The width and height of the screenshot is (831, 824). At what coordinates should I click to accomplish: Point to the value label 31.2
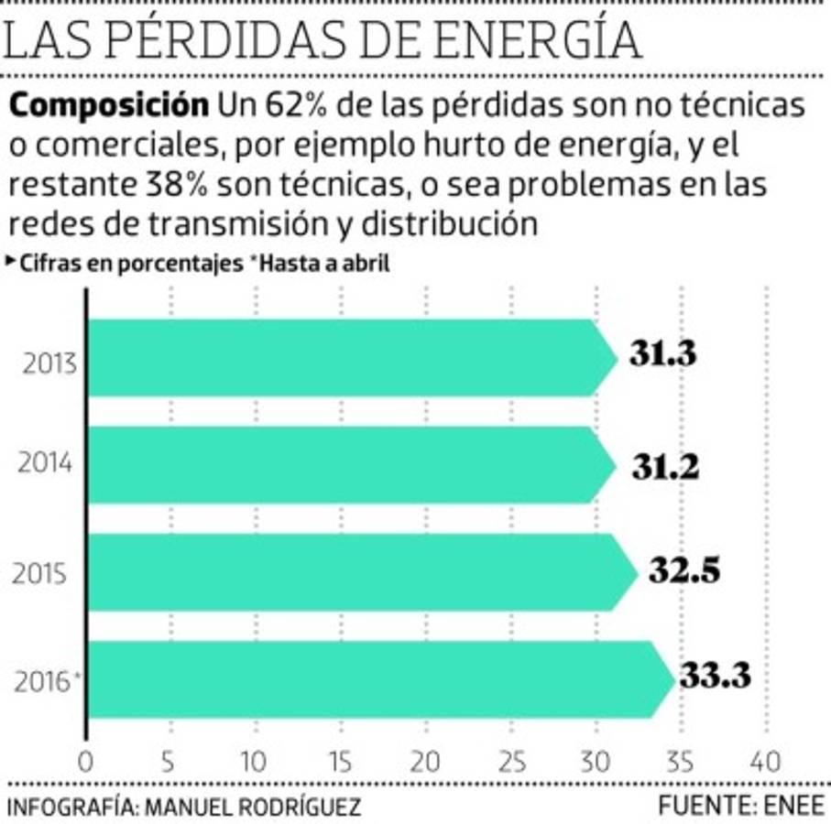click(x=664, y=467)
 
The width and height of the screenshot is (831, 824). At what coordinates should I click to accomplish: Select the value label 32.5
click(x=683, y=571)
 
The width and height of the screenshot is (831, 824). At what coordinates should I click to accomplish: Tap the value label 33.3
click(x=715, y=678)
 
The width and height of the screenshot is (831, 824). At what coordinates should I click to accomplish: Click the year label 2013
click(x=47, y=362)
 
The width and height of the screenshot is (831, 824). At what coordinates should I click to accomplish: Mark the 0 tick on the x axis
click(x=86, y=762)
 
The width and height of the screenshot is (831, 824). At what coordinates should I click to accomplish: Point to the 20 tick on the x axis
click(x=425, y=762)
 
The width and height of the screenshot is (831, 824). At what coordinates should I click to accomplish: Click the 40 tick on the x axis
click(x=764, y=762)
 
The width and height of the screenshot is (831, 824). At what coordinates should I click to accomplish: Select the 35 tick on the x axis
click(x=680, y=762)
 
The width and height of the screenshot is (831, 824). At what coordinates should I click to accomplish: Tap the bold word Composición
click(x=108, y=106)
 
